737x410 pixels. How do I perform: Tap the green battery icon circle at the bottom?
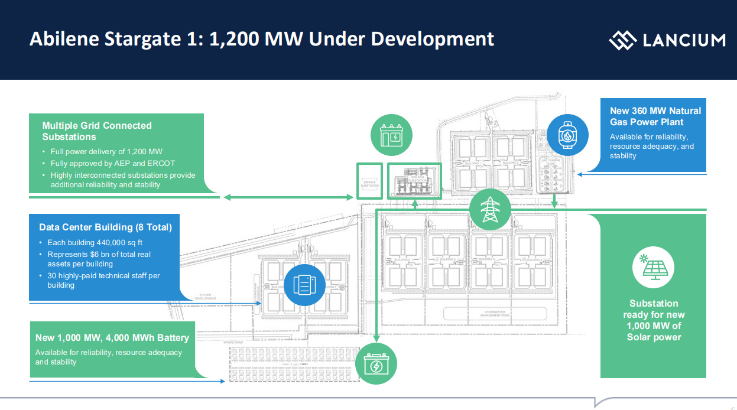tap(376, 363)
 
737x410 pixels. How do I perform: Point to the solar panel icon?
tap(653, 266)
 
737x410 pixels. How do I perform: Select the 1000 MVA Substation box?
tap(414, 180)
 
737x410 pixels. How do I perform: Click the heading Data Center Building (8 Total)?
tap(105, 227)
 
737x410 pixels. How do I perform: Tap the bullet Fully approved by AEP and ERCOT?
tap(112, 163)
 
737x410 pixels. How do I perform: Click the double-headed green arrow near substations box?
tap(287, 197)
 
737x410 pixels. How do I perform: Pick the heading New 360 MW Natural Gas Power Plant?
tap(655, 116)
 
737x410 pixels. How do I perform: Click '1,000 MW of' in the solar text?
tap(654, 326)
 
